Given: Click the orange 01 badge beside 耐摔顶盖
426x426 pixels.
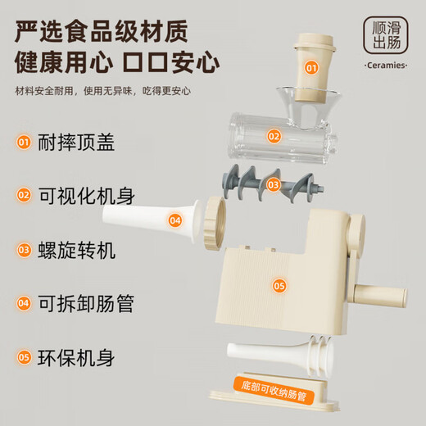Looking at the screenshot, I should click(x=25, y=143).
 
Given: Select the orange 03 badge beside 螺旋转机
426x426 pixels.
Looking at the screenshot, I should click(x=25, y=250).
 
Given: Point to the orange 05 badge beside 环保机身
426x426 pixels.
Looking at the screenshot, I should click(x=25, y=357).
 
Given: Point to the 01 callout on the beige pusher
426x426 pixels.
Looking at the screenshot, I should click(x=311, y=69).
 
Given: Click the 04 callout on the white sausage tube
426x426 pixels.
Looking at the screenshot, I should click(x=175, y=220).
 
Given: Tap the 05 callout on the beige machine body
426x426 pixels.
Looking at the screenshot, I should click(x=279, y=286).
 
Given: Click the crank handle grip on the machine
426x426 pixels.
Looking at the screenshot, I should click(x=383, y=292).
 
